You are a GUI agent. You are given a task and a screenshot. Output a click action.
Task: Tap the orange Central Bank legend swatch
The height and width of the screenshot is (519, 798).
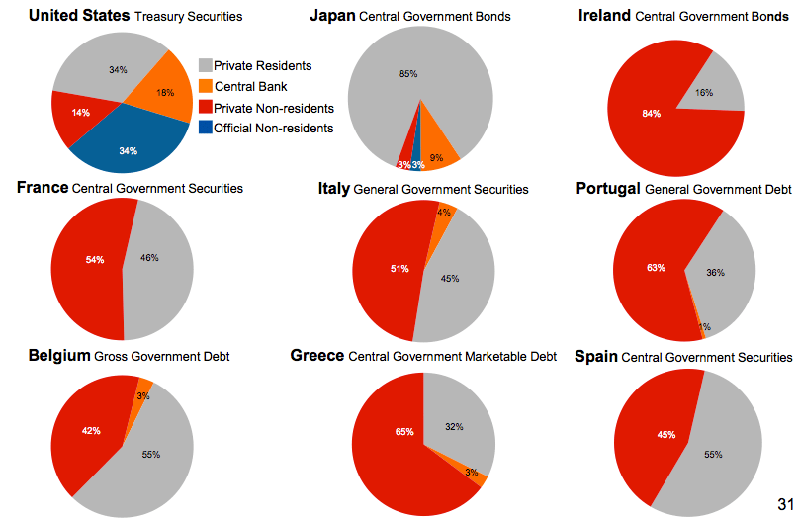coord(205,86)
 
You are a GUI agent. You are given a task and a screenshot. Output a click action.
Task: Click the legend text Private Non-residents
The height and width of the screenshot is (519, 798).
coord(274,107)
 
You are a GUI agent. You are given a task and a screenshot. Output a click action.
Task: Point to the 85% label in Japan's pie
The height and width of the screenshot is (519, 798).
coord(408,74)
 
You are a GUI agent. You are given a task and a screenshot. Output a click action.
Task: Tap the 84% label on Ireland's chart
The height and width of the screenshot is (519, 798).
coord(651,114)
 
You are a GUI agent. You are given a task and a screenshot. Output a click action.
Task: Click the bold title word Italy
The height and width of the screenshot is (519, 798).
coord(333,188)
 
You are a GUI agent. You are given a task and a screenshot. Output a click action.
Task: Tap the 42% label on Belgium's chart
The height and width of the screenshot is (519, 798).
coord(91,431)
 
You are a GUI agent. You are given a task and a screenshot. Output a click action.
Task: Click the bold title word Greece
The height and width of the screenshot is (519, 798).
coord(317,355)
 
